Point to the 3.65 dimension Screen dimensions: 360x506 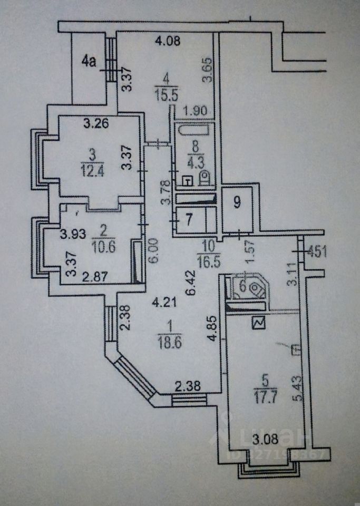[208, 70]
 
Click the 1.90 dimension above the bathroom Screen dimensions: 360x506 [192, 111]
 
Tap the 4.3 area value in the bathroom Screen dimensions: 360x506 [190, 158]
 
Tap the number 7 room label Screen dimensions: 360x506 [188, 220]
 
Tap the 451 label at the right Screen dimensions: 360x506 [317, 251]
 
